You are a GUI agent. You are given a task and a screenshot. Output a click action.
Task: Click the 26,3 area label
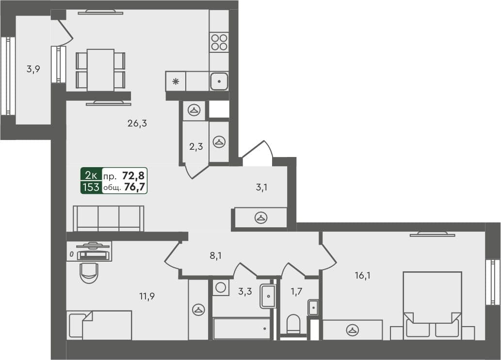click(137, 124)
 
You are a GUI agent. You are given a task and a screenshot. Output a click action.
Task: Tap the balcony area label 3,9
click(33, 69)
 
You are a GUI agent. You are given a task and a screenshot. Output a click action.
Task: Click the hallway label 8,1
click(215, 256)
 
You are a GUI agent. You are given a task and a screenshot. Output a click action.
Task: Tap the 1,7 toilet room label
click(296, 292)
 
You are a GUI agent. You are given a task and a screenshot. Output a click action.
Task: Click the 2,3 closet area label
click(195, 146)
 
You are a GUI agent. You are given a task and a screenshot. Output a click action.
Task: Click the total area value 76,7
click(135, 187)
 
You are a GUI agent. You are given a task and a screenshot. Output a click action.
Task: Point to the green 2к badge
click(91, 175)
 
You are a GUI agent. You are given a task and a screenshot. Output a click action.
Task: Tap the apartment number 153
click(91, 187)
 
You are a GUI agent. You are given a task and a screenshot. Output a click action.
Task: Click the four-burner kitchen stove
click(219, 42)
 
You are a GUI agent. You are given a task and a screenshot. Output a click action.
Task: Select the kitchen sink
click(219, 81)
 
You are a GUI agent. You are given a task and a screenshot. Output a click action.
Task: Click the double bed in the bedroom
click(432, 305)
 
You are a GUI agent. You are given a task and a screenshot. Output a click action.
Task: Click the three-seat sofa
click(108, 218)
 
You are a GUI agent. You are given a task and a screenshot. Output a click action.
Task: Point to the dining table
click(100, 70)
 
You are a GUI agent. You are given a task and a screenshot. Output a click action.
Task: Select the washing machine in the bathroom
click(220, 288)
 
